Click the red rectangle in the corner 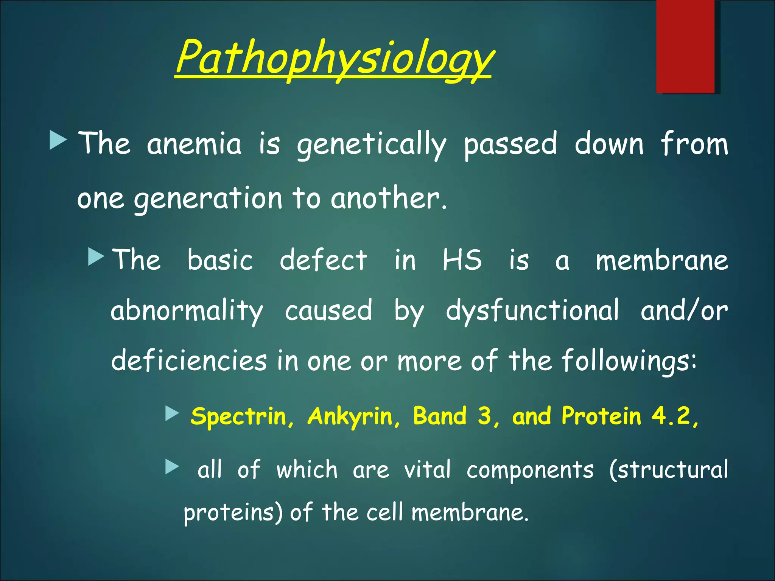(685, 46)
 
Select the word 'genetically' (372, 144)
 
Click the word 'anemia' (194, 144)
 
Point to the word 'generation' (208, 199)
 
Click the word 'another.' (389, 198)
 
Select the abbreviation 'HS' (462, 260)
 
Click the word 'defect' (323, 260)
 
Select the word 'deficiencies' (189, 360)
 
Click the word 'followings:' (629, 361)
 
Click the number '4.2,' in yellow (675, 416)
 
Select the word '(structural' (668, 470)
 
